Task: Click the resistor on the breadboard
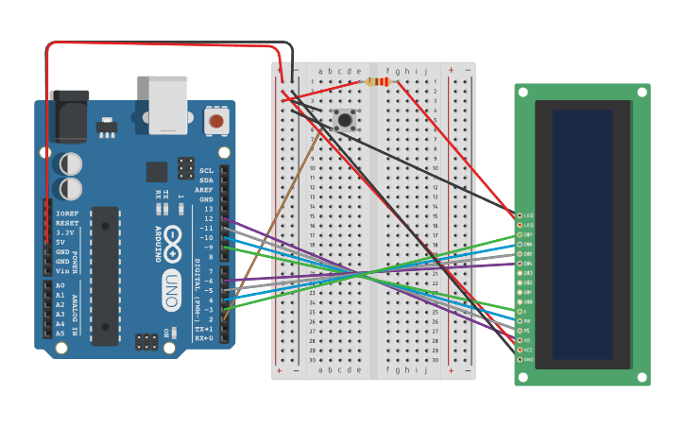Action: pos(378,82)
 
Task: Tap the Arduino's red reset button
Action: pos(216,121)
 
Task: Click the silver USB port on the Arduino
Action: pos(168,104)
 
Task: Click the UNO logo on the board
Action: pos(171,283)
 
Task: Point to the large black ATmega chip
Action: pos(105,274)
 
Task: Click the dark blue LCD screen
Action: pos(582,234)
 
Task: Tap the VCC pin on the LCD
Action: pos(519,350)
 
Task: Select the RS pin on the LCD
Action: pos(519,331)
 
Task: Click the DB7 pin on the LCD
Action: pos(519,234)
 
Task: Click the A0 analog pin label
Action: pos(60,285)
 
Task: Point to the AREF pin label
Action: pos(205,190)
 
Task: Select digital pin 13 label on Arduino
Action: pos(207,209)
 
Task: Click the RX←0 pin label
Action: pos(204,337)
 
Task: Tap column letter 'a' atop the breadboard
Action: pos(320,71)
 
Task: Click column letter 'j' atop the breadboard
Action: pos(426,71)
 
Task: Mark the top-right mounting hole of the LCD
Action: pos(642,92)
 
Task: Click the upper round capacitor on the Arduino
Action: pos(71,163)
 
